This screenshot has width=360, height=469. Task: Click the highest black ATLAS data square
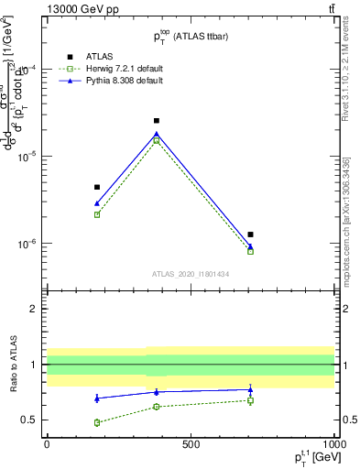(x=157, y=121)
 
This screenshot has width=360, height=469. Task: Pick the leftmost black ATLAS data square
(x=97, y=187)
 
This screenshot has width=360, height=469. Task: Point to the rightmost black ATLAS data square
(x=250, y=234)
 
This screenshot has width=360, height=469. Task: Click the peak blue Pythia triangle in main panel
(x=157, y=134)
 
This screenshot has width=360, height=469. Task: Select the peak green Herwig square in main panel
(x=157, y=141)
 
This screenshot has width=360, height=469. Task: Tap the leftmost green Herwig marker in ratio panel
(x=97, y=422)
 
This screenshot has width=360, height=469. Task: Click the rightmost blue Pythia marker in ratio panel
(x=250, y=389)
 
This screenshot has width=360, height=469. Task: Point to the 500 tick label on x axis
(x=191, y=443)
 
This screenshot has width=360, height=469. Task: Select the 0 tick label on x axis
(x=47, y=443)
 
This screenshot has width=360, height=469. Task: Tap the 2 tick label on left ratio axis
(x=36, y=309)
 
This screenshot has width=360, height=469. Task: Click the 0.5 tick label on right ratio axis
(x=347, y=420)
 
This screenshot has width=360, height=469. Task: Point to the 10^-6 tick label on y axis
(x=26, y=244)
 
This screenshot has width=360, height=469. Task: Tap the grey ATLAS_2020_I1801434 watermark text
(x=190, y=274)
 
